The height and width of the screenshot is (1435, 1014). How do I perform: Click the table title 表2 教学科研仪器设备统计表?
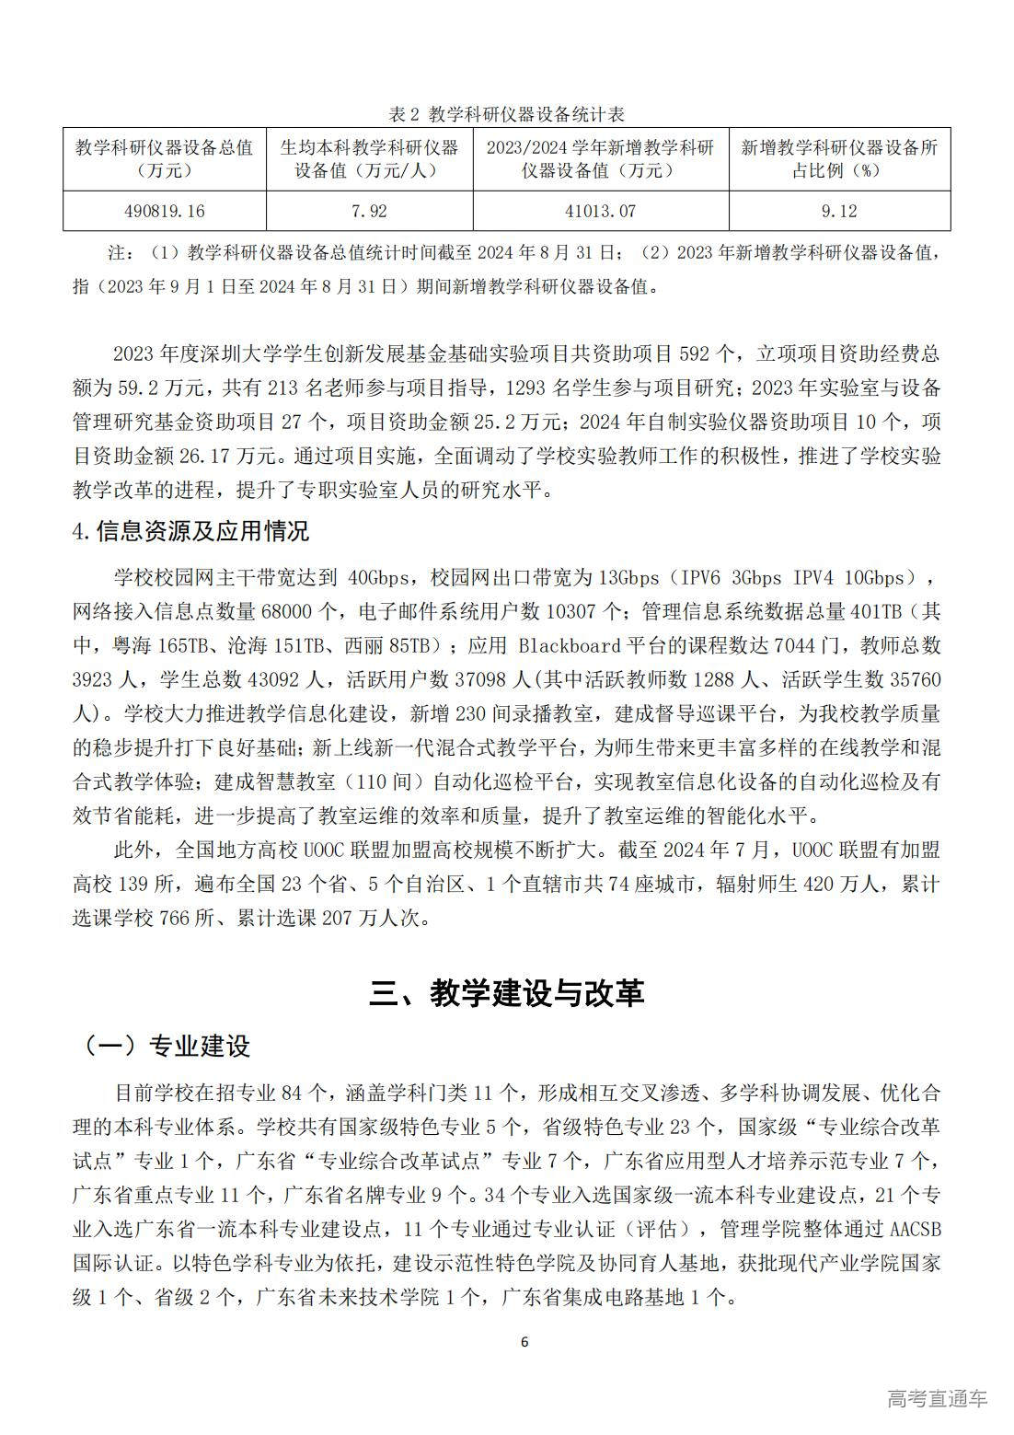(507, 114)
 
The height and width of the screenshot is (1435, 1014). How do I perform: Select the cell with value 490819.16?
(164, 211)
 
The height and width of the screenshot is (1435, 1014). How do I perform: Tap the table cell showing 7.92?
(369, 211)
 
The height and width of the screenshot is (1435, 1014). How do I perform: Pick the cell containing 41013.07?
(600, 211)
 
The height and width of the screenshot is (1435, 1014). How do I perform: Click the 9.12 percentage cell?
(838, 211)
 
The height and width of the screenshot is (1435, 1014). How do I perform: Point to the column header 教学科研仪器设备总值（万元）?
(164, 158)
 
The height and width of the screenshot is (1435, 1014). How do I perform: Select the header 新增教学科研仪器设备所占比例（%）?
(838, 158)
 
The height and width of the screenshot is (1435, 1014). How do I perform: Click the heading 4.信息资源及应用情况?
(190, 531)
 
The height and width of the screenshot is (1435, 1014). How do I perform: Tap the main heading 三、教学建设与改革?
(507, 992)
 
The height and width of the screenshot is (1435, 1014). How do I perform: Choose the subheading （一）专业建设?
(166, 1046)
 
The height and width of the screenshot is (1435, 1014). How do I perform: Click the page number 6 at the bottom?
(524, 1341)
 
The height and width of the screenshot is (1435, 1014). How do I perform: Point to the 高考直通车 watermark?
(937, 1398)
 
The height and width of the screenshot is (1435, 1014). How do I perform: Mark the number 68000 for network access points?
(287, 611)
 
